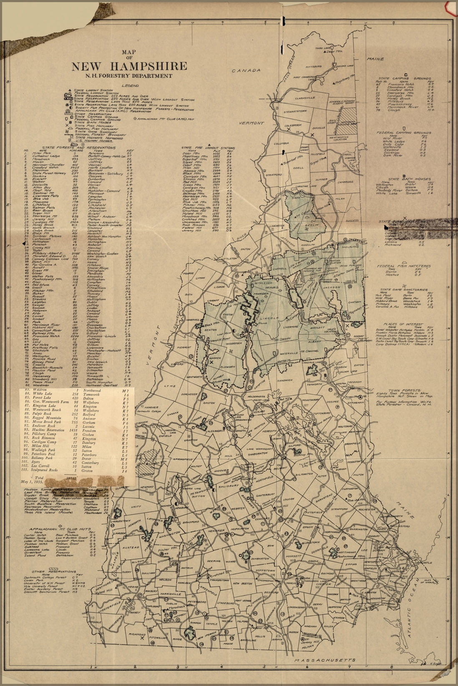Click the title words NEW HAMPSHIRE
[x=129, y=67]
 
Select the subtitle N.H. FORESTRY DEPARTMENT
[x=129, y=76]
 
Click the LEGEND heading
[x=130, y=85]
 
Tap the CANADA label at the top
[x=247, y=71]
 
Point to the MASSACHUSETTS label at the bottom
[x=324, y=660]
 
